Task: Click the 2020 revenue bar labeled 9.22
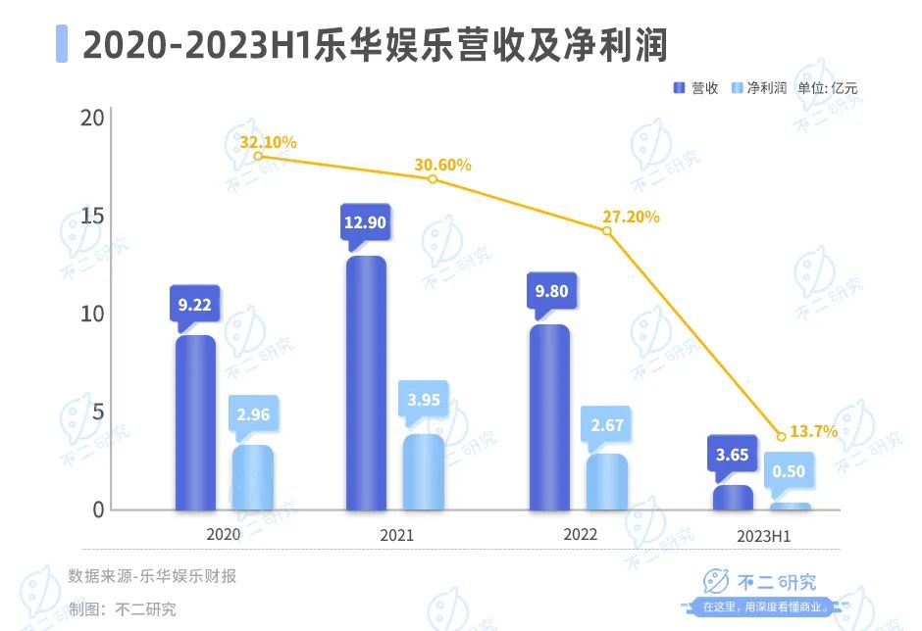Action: (x=195, y=422)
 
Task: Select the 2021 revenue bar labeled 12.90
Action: (x=366, y=383)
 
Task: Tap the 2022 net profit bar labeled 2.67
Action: (x=607, y=481)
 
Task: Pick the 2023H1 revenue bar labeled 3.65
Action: (x=733, y=498)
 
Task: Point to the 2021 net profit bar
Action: (x=424, y=471)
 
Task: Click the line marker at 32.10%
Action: (x=258, y=156)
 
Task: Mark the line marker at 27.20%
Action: (x=607, y=231)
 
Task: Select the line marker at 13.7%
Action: (x=781, y=436)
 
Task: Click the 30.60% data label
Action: (x=442, y=166)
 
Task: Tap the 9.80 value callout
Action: (x=550, y=291)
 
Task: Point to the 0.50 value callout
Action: (x=790, y=471)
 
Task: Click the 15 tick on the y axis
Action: (x=92, y=217)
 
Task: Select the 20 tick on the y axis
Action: (x=92, y=119)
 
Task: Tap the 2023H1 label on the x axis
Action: (x=763, y=537)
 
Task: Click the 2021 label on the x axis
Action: (x=396, y=536)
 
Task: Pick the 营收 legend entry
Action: (x=695, y=88)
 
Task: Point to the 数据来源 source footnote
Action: (x=152, y=576)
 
